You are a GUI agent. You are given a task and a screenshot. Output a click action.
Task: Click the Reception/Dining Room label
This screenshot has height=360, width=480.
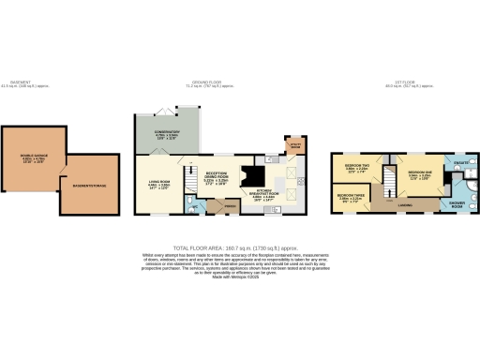point(217,175)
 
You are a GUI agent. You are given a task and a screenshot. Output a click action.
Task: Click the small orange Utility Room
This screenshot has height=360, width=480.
point(294,147)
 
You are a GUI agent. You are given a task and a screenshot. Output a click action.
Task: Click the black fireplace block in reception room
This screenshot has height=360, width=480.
point(251,176)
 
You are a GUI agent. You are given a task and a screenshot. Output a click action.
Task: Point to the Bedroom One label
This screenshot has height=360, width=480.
point(419,173)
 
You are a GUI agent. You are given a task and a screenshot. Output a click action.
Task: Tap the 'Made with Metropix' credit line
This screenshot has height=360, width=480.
point(239,277)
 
